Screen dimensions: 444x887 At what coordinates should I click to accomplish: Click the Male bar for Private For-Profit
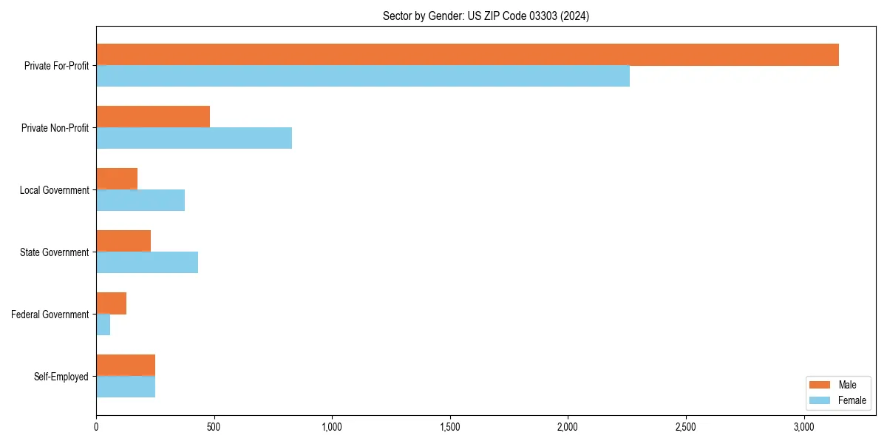tap(467, 55)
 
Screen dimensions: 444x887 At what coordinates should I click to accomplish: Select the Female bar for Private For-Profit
tap(363, 76)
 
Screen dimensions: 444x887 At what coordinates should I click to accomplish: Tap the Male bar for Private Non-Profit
tap(153, 117)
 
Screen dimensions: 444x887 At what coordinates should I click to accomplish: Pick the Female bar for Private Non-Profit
tap(194, 138)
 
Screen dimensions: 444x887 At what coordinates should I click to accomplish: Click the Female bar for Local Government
tap(140, 201)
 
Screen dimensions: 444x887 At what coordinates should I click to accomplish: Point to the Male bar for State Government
tap(123, 241)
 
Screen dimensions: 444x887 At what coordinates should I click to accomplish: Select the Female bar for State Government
tap(147, 263)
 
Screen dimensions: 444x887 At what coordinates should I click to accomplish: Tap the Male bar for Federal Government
tap(111, 303)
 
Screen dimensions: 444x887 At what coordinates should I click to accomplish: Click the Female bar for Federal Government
tap(103, 325)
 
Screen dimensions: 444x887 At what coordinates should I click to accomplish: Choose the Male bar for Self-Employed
tap(126, 366)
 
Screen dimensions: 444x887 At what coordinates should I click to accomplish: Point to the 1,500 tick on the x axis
tap(449, 428)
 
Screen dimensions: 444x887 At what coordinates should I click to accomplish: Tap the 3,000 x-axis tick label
tap(803, 428)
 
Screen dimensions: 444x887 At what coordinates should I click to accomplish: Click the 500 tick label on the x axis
tap(214, 428)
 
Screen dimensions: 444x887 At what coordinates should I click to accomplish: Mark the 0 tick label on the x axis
tap(96, 428)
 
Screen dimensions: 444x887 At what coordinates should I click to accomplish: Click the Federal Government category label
tap(50, 314)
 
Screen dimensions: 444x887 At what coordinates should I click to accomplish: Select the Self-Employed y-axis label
tap(61, 377)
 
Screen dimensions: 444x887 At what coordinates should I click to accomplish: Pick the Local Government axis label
tap(55, 190)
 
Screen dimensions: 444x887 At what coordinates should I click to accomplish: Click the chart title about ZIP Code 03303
tap(486, 16)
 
